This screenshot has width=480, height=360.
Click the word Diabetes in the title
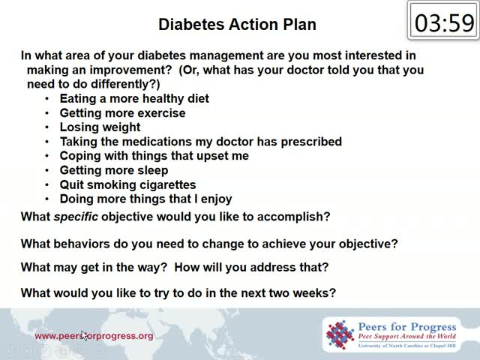coord(191,25)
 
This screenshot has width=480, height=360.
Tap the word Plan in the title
coord(299,25)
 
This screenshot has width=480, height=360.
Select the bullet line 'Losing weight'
coord(100,127)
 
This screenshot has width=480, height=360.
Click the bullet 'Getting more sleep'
coord(114,170)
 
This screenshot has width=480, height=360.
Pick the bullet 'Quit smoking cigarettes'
coord(128,184)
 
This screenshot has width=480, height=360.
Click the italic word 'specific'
coord(76,217)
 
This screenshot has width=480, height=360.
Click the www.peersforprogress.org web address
coord(94,336)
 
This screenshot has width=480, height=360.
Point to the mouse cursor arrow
coord(84,335)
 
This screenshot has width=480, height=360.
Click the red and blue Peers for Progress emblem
coord(340,334)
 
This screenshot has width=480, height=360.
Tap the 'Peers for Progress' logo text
coord(407,327)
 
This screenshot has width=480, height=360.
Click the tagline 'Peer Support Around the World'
coord(407,337)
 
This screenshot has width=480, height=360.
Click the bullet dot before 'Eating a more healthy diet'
coord(46,98)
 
